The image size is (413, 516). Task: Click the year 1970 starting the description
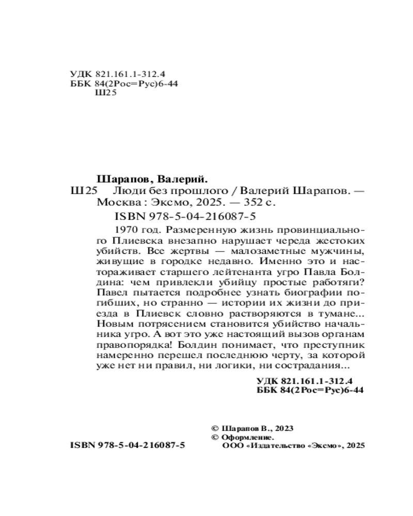pos(123,228)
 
